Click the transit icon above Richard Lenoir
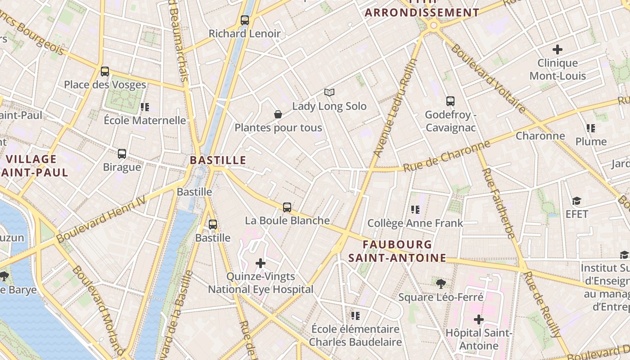[245, 20]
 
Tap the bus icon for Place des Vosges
[105, 72]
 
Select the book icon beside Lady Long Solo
[329, 93]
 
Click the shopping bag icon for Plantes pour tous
[278, 115]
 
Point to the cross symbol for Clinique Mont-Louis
[558, 49]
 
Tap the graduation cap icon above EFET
[577, 201]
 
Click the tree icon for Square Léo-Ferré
[441, 284]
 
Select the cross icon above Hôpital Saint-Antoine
[479, 320]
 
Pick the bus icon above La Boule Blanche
[287, 207]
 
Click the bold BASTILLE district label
[218, 160]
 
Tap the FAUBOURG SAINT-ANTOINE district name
[397, 251]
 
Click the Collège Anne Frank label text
[415, 223]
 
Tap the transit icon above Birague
[122, 154]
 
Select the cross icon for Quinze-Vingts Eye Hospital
[261, 263]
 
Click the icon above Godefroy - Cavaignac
[450, 101]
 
